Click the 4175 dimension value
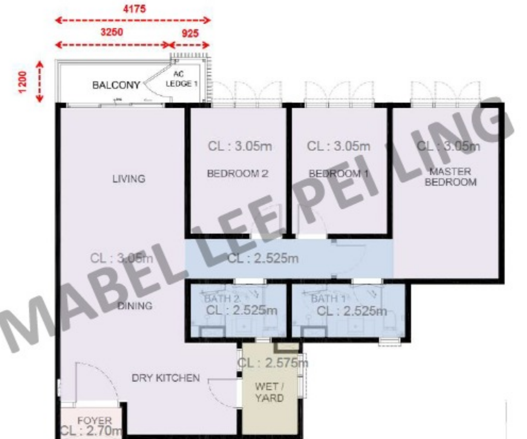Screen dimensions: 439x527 pyautogui.click(x=134, y=9)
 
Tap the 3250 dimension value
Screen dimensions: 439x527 pyautogui.click(x=112, y=32)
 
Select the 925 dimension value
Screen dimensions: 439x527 pyautogui.click(x=190, y=33)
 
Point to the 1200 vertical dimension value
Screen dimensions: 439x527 pyautogui.click(x=22, y=81)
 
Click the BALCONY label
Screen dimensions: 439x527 pyautogui.click(x=116, y=85)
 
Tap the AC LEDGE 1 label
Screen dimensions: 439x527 pyautogui.click(x=181, y=79)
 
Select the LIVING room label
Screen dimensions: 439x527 pyautogui.click(x=129, y=179)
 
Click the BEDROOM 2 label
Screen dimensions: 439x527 pyautogui.click(x=237, y=173)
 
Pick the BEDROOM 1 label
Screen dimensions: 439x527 pyautogui.click(x=338, y=174)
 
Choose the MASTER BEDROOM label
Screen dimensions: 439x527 pyautogui.click(x=450, y=177)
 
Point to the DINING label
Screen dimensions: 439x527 pyautogui.click(x=135, y=306)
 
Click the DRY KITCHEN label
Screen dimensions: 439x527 pyautogui.click(x=165, y=378)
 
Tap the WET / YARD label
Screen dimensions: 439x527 pyautogui.click(x=269, y=392)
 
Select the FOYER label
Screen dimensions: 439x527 pyautogui.click(x=95, y=421)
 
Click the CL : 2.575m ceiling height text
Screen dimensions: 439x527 pyautogui.click(x=273, y=363)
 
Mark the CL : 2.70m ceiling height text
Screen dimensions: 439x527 pyautogui.click(x=91, y=430)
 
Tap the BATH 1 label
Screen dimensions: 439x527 pyautogui.click(x=328, y=298)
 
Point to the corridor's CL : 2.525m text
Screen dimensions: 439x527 pyautogui.click(x=263, y=258)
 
